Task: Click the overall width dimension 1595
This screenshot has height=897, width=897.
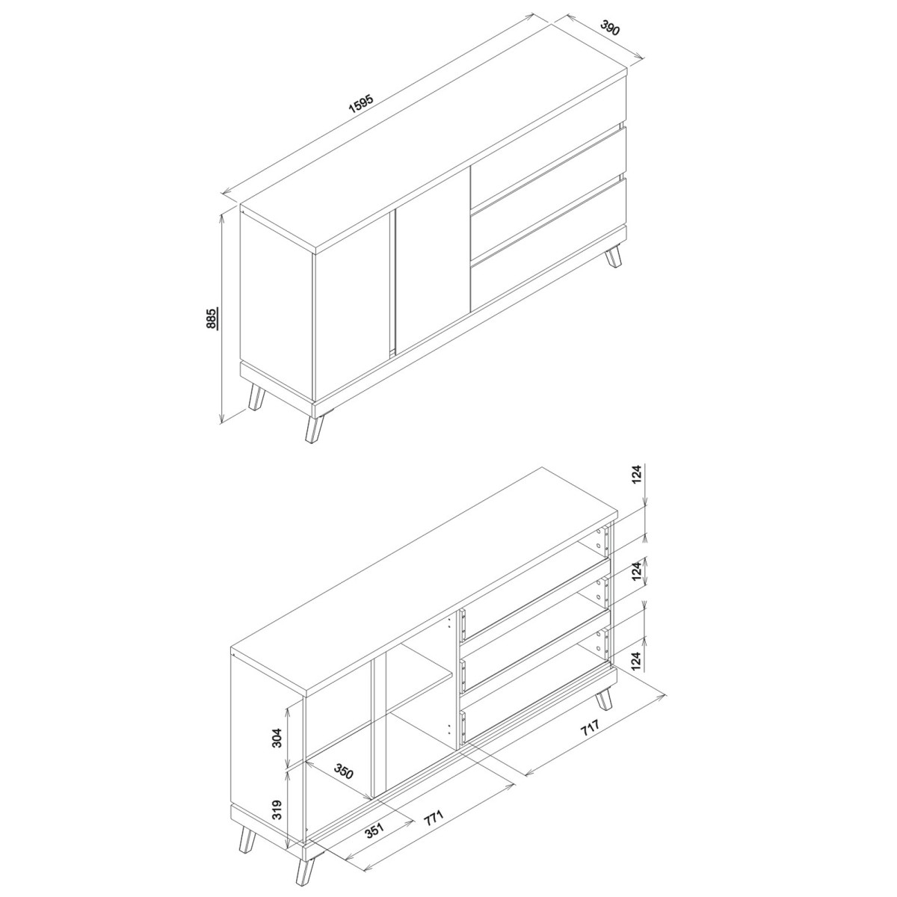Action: click(x=361, y=105)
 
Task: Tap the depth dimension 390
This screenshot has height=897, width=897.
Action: click(x=610, y=28)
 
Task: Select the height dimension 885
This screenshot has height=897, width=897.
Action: click(x=212, y=318)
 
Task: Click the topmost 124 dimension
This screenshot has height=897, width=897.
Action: click(x=638, y=476)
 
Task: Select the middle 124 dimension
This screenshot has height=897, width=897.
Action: click(x=638, y=570)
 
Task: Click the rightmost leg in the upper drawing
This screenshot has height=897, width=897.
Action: click(x=613, y=257)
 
